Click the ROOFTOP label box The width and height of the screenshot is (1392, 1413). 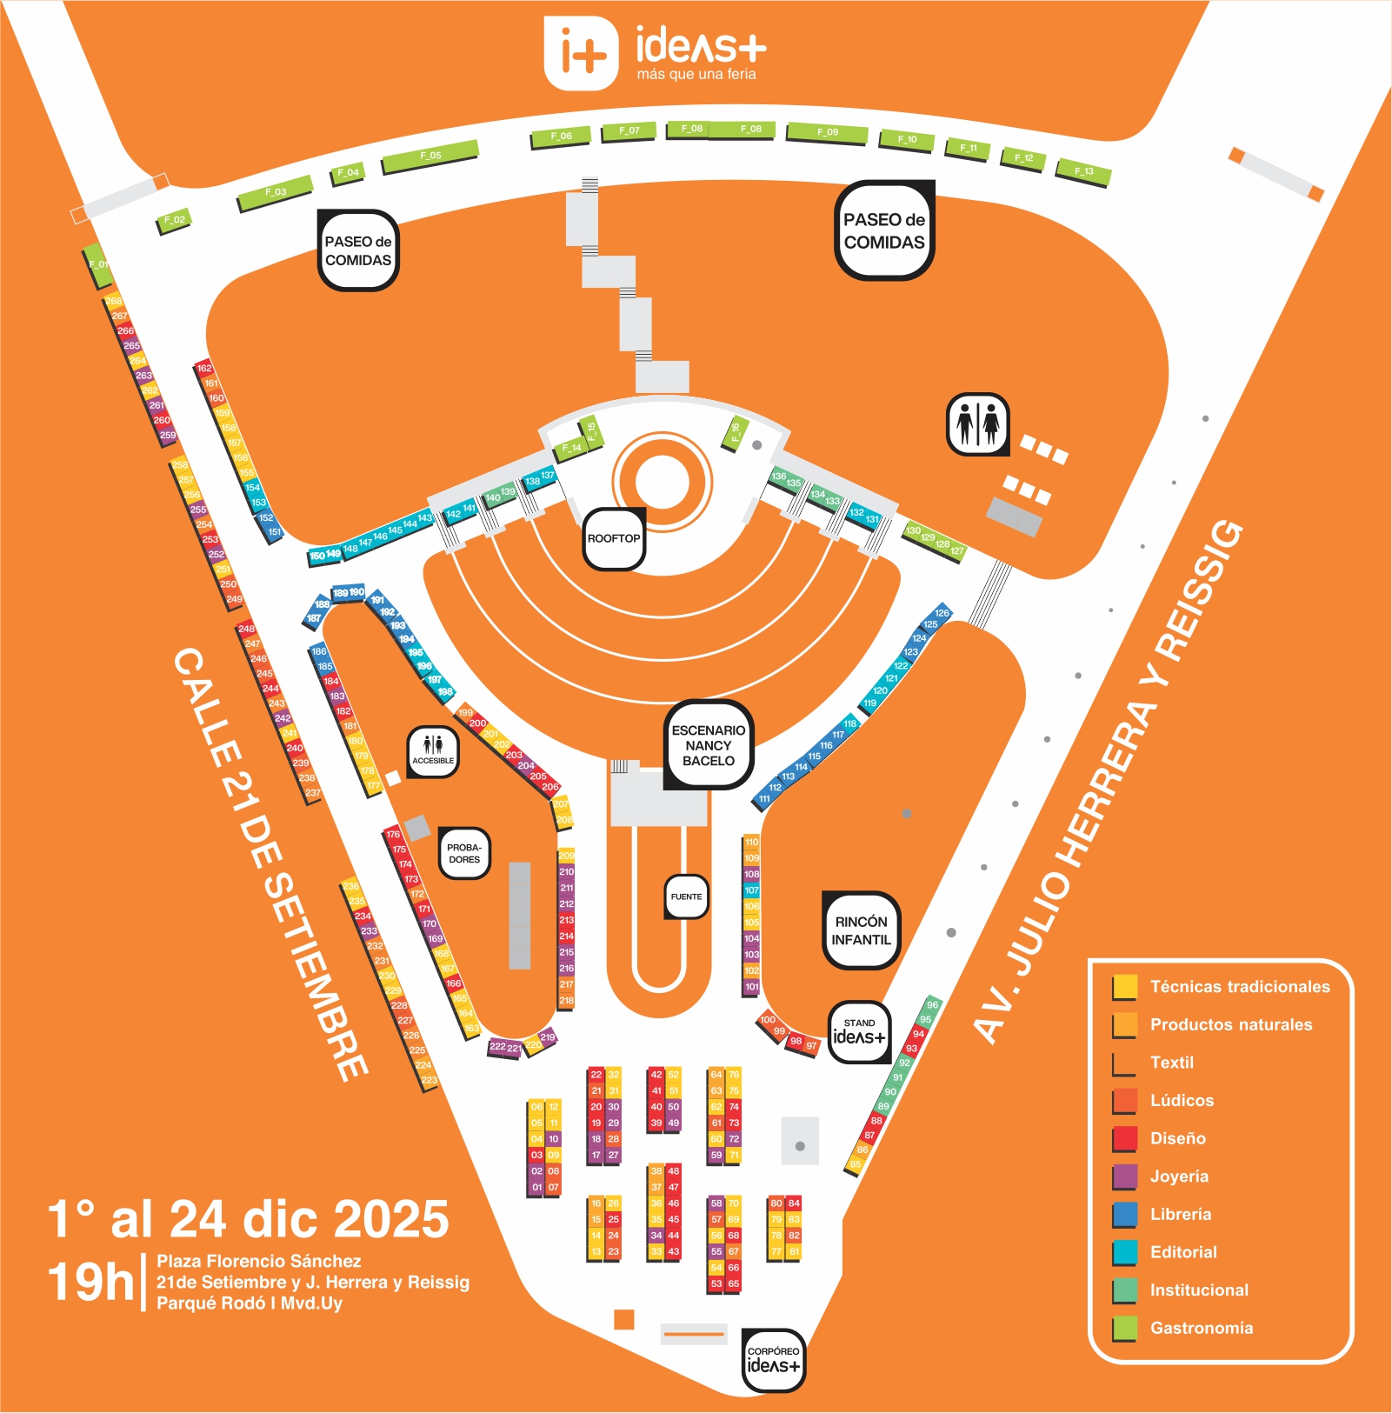[x=614, y=539]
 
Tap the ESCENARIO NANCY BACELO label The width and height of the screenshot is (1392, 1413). [x=708, y=745]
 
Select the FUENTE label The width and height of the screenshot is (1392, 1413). [x=686, y=896]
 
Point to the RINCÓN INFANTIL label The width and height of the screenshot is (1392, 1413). [x=861, y=930]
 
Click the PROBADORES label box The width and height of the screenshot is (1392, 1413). [x=464, y=853]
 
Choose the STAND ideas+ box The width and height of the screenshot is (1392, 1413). [x=859, y=1031]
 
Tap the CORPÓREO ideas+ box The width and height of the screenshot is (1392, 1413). [x=773, y=1360]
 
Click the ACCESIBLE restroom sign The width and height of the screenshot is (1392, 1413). [x=433, y=750]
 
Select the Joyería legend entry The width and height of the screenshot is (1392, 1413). [x=1179, y=1176]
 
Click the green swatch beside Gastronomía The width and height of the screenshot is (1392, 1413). [x=1125, y=1328]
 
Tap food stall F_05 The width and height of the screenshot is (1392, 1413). [x=430, y=157]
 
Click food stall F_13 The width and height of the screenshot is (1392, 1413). [x=1083, y=171]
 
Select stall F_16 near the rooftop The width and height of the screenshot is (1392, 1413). [x=736, y=432]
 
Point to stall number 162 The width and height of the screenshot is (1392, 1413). [x=204, y=369]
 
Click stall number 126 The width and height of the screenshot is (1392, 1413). [x=942, y=613]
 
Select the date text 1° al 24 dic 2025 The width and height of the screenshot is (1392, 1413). [x=249, y=1219]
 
